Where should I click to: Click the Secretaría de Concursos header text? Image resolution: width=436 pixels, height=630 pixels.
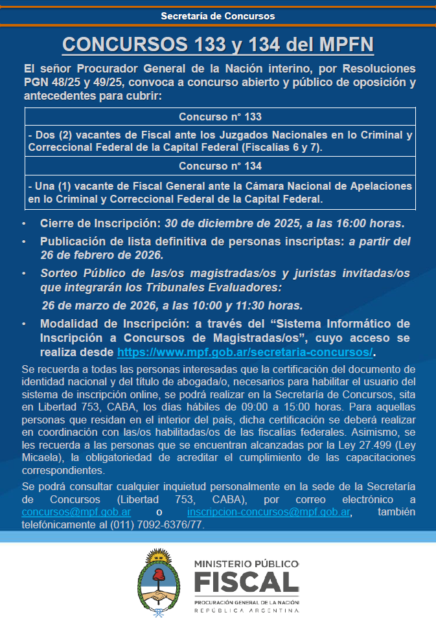[218, 16]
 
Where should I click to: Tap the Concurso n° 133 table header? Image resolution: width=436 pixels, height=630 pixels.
[220, 117]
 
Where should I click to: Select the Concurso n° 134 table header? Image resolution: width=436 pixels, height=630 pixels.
[220, 166]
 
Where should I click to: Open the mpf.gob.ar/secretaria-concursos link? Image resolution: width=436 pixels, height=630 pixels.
[245, 352]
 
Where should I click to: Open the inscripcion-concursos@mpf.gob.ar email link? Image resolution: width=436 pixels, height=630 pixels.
[270, 512]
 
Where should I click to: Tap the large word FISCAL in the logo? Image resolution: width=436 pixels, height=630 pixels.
[246, 583]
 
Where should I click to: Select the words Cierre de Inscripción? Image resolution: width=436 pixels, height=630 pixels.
[99, 224]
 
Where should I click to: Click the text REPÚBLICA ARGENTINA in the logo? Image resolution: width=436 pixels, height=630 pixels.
[246, 611]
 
